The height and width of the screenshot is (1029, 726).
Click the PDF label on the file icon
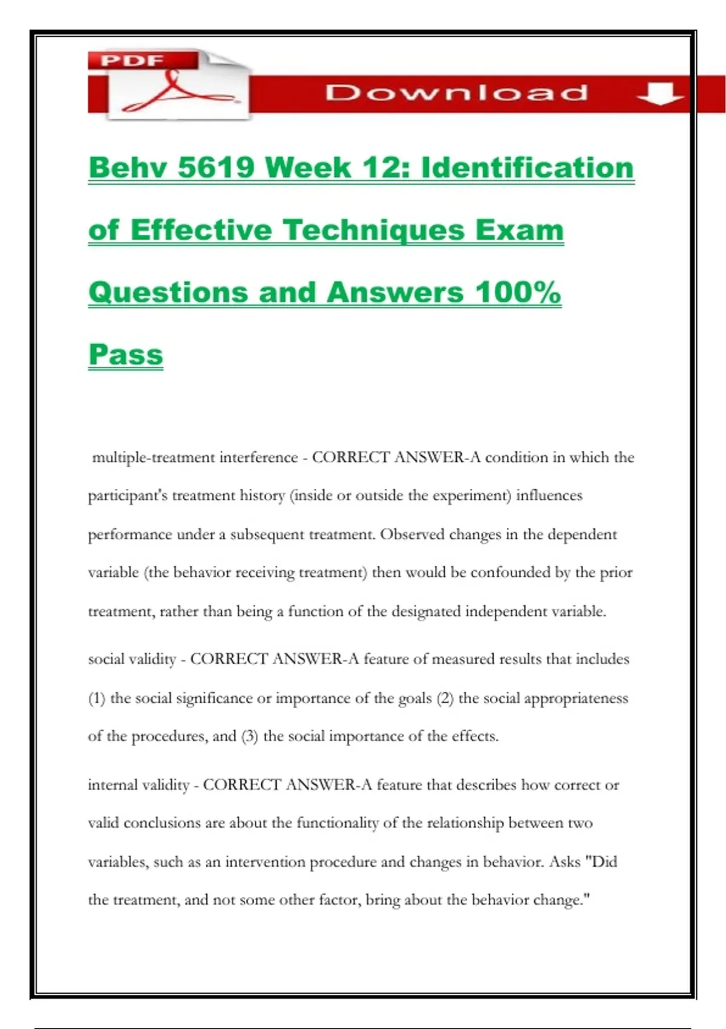pyautogui.click(x=132, y=60)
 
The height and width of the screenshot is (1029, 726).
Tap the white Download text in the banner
pyautogui.click(x=456, y=93)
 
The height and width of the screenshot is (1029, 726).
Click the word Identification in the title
pyautogui.click(x=527, y=167)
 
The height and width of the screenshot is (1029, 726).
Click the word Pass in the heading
pyautogui.click(x=126, y=355)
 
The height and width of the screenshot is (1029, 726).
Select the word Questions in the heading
pyautogui.click(x=168, y=292)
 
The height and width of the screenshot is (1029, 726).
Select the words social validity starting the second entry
pyautogui.click(x=132, y=659)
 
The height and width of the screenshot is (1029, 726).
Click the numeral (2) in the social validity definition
pyautogui.click(x=445, y=699)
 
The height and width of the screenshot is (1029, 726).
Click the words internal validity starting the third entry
pyautogui.click(x=139, y=785)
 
